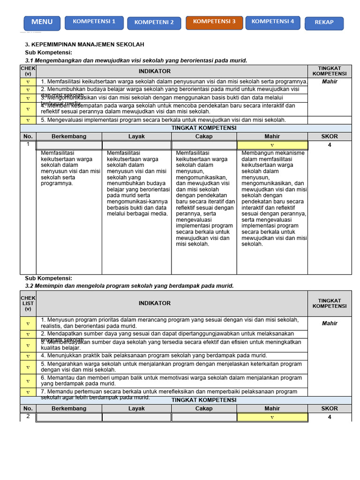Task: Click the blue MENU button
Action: pyautogui.click(x=42, y=22)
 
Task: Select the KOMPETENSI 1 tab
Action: pyautogui.click(x=94, y=22)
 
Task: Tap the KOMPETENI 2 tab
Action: pyautogui.click(x=154, y=22)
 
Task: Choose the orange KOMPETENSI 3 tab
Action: pyautogui.click(x=214, y=22)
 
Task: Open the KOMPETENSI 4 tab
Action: pyautogui.click(x=273, y=22)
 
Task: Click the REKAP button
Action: pyautogui.click(x=324, y=22)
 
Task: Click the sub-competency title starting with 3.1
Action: pyautogui.click(x=136, y=60)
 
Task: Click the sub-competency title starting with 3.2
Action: pyautogui.click(x=129, y=285)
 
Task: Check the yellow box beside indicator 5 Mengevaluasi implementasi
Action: pyautogui.click(x=28, y=120)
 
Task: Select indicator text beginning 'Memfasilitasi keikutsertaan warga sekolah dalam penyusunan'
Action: pyautogui.click(x=174, y=82)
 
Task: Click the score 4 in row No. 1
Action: pyautogui.click(x=330, y=145)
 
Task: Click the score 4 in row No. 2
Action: pyautogui.click(x=330, y=417)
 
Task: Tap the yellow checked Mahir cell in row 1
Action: pyautogui.click(x=272, y=145)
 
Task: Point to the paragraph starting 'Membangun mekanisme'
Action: pyautogui.click(x=274, y=198)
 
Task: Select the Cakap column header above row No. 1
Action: pyautogui.click(x=204, y=136)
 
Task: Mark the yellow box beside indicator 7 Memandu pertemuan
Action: pyautogui.click(x=28, y=392)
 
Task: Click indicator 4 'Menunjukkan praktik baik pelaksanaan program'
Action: pyautogui.click(x=154, y=355)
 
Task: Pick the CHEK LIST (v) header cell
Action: pyautogui.click(x=28, y=303)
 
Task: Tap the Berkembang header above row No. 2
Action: pyautogui.click(x=69, y=408)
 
